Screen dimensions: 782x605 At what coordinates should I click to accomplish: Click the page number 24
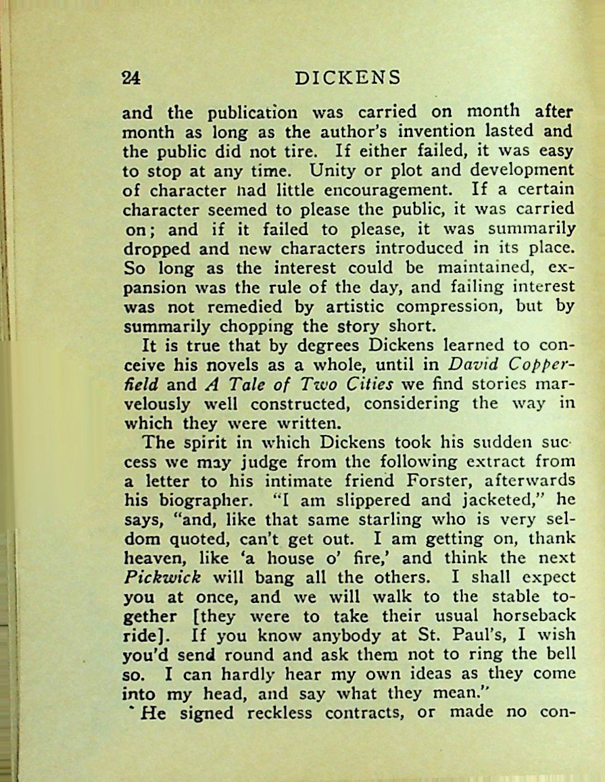[x=130, y=78]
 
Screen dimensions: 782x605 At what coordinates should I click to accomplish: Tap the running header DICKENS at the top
[x=348, y=78]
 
